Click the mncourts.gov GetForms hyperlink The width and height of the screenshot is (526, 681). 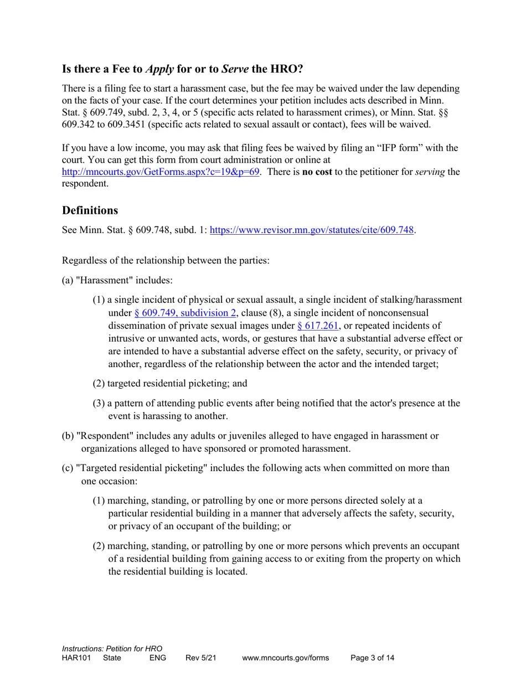[161, 172]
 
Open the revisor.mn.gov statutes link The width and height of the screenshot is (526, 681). [312, 230]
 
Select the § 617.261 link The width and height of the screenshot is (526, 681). [317, 326]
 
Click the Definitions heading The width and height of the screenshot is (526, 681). [90, 210]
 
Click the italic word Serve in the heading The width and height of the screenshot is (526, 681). [235, 69]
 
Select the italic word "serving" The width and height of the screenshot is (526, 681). [430, 172]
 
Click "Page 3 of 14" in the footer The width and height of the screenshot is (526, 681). [372, 658]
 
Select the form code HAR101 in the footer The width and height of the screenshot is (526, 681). [76, 658]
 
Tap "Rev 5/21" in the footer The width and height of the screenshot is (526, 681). [200, 658]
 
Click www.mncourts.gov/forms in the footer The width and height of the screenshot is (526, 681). [285, 658]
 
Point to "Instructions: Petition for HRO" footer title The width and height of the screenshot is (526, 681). [112, 648]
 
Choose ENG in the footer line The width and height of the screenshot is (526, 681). [158, 658]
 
